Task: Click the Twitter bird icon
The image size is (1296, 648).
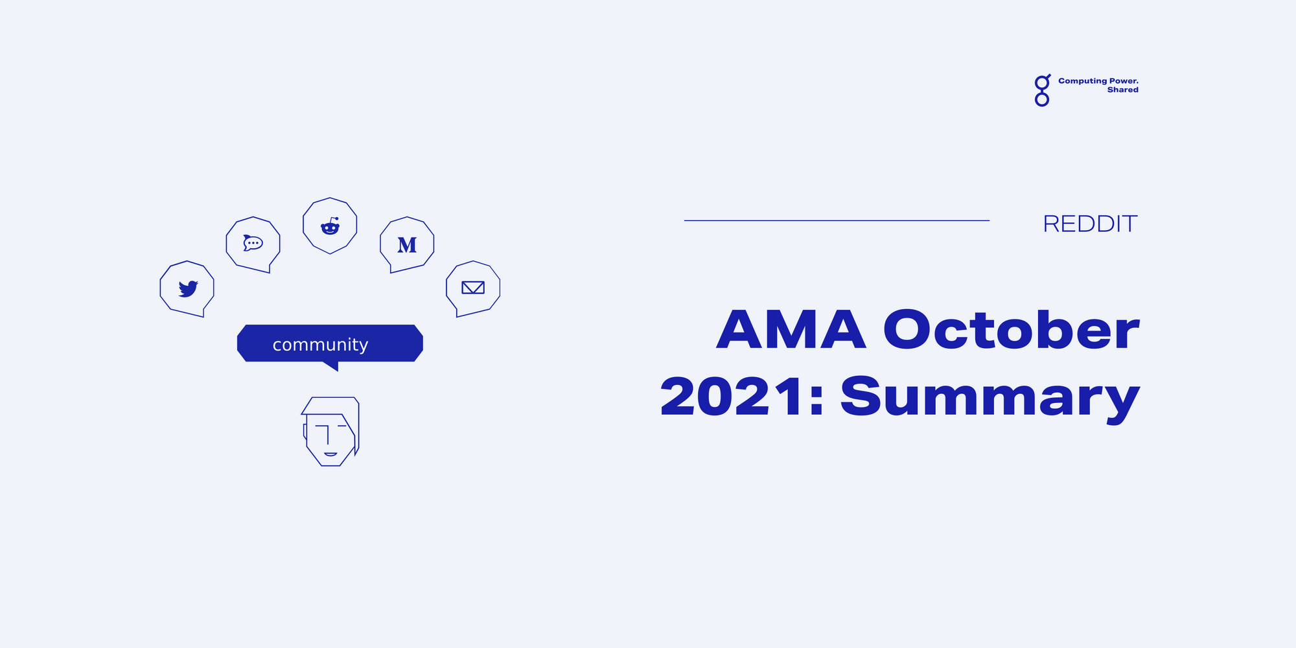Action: point(188,288)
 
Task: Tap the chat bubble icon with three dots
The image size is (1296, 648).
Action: point(253,243)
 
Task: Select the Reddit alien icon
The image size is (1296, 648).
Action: point(330,226)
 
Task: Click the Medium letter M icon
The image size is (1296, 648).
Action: point(407,245)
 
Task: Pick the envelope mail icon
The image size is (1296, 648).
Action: point(473,287)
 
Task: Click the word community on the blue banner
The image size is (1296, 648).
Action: point(320,345)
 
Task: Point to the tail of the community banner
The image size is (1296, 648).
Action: point(332,366)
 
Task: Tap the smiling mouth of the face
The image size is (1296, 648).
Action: point(330,454)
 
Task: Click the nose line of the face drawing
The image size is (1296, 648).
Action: point(328,435)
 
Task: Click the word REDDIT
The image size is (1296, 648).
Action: point(1090,224)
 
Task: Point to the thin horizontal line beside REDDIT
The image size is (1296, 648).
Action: point(836,220)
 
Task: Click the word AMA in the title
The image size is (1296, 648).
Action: point(791,330)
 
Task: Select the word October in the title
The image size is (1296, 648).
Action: point(1011,330)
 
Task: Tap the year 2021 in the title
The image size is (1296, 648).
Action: point(732,397)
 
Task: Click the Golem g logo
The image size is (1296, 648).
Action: point(1042,91)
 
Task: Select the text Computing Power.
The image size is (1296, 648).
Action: point(1098,81)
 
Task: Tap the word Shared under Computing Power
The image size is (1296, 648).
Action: point(1122,90)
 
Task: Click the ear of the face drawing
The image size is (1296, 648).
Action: point(305,432)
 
